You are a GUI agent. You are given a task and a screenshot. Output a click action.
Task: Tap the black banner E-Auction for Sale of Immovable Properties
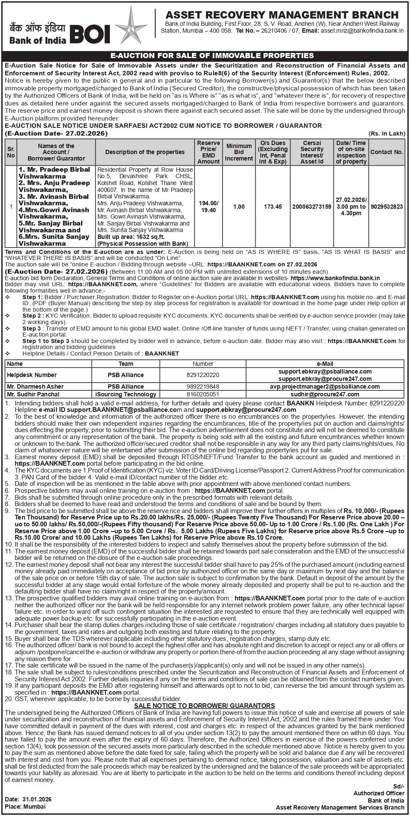pyautogui.click(x=212, y=56)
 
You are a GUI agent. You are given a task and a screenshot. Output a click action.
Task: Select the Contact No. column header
pyautogui.click(x=387, y=152)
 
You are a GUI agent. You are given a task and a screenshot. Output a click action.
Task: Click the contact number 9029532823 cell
pyautogui.click(x=387, y=207)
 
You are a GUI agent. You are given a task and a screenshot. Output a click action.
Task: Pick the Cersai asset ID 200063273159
pyautogui.click(x=312, y=207)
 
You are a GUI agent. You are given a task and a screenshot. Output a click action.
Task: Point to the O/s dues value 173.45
pyautogui.click(x=273, y=207)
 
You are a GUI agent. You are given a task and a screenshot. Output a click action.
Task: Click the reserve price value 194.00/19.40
pyautogui.click(x=209, y=207)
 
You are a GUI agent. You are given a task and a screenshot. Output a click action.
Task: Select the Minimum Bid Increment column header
pyautogui.click(x=239, y=152)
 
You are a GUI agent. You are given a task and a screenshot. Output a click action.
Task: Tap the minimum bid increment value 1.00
pyautogui.click(x=239, y=207)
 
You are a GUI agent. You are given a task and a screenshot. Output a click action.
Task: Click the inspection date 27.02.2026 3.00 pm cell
pyautogui.click(x=351, y=207)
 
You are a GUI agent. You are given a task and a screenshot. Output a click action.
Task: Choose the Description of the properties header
pyautogui.click(x=145, y=152)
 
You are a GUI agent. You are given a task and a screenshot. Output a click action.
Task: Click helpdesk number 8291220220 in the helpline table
pyautogui.click(x=203, y=375)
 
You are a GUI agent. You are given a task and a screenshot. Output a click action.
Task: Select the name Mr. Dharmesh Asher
pyautogui.click(x=35, y=386)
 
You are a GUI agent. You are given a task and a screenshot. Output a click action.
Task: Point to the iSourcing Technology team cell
pyautogui.click(x=126, y=394)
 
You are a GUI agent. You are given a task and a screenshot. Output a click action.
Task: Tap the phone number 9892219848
pyautogui.click(x=203, y=386)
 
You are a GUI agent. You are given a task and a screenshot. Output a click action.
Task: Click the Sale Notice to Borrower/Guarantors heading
pyautogui.click(x=204, y=705)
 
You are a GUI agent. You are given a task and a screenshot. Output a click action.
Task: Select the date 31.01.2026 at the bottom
pyautogui.click(x=37, y=799)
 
